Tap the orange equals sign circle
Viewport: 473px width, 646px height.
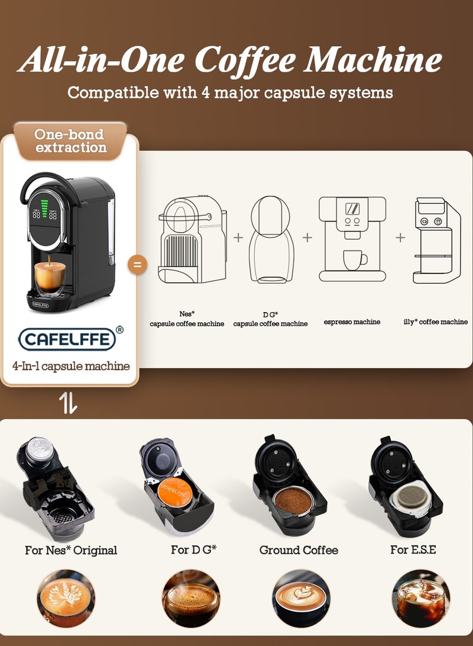[138, 264]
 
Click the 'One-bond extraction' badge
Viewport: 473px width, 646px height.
[70, 141]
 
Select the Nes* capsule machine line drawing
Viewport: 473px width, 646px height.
[192, 239]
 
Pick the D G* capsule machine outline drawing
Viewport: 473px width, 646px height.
[272, 239]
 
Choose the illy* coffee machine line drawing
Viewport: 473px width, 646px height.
[436, 240]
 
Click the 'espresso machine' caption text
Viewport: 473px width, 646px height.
[352, 322]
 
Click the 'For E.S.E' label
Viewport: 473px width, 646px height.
[413, 549]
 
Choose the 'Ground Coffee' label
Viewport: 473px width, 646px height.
[299, 550]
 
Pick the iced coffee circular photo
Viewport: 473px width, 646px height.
[420, 598]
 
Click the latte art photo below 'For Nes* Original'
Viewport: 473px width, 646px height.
[66, 598]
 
